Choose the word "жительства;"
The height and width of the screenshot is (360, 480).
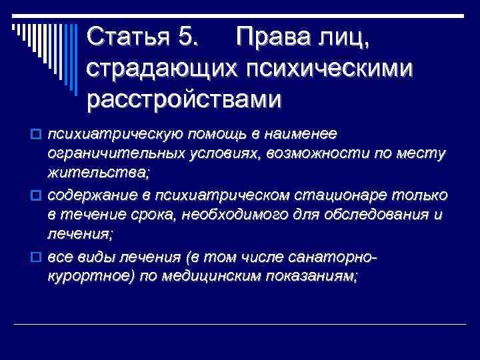click(99, 174)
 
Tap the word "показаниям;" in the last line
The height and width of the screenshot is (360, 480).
click(315, 277)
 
